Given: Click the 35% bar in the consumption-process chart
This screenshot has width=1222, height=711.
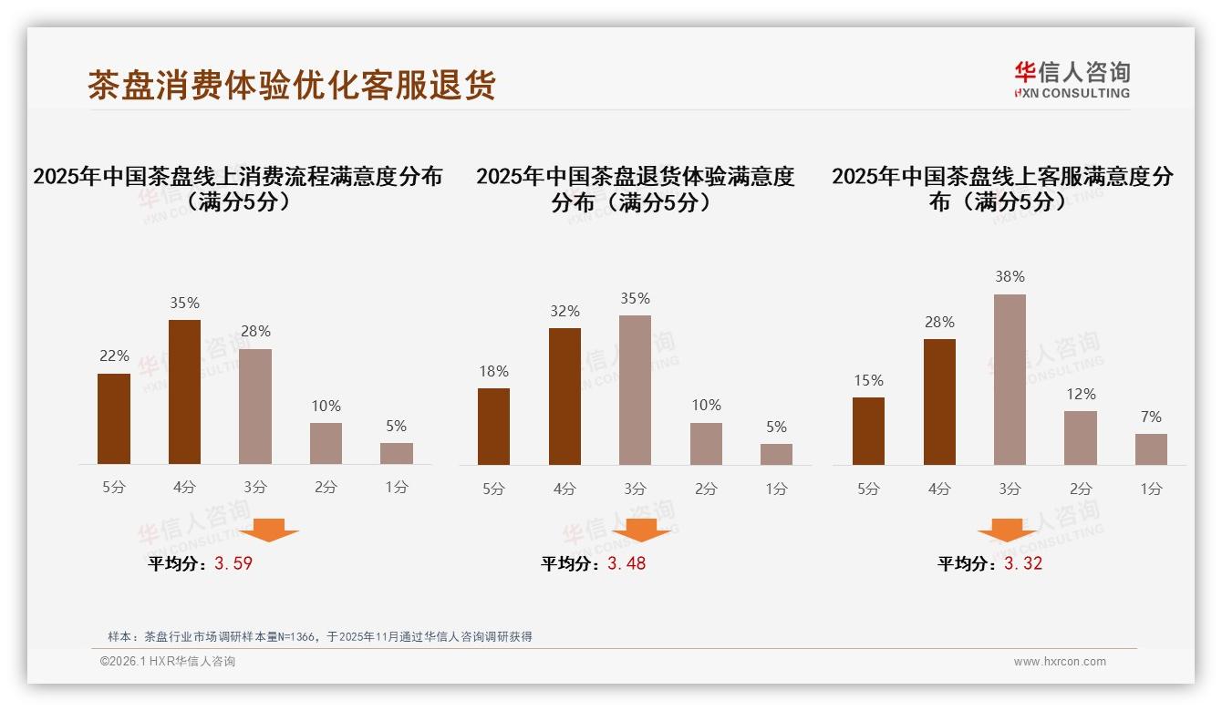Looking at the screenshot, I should click(x=185, y=392).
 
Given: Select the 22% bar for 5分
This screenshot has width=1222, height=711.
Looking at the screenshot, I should click(x=114, y=418).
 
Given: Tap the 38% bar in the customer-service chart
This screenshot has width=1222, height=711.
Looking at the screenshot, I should click(x=1010, y=379).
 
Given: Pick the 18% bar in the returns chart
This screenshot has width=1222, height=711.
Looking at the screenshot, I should click(x=493, y=426).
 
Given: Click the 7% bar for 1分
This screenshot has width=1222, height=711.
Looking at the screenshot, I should click(x=1151, y=448).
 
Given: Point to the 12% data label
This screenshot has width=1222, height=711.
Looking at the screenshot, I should click(x=1081, y=394).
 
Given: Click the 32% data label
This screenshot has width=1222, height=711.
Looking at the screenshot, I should click(x=564, y=311).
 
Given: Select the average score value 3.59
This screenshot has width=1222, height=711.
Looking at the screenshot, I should click(x=233, y=563).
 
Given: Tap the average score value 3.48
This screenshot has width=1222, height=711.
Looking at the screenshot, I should click(x=627, y=563).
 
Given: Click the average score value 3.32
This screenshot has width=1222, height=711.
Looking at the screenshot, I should click(x=1023, y=563).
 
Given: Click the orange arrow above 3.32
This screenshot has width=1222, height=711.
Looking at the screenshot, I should click(x=1007, y=531).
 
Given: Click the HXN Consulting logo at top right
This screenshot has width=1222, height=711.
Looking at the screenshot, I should click(x=1072, y=79).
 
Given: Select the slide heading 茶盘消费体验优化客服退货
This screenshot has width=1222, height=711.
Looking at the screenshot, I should click(x=292, y=85).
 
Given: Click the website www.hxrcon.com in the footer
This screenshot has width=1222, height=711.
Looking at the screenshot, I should click(x=1060, y=662).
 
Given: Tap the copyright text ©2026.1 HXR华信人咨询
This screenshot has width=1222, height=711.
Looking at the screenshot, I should click(x=168, y=662).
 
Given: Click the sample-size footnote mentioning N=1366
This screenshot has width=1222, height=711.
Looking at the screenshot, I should click(x=319, y=636).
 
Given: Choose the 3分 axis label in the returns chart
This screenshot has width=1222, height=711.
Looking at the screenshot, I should click(x=635, y=489).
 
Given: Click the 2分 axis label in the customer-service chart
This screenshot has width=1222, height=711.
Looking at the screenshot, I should click(x=1081, y=489).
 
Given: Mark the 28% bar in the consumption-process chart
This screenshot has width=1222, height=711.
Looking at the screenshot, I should click(x=255, y=407).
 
